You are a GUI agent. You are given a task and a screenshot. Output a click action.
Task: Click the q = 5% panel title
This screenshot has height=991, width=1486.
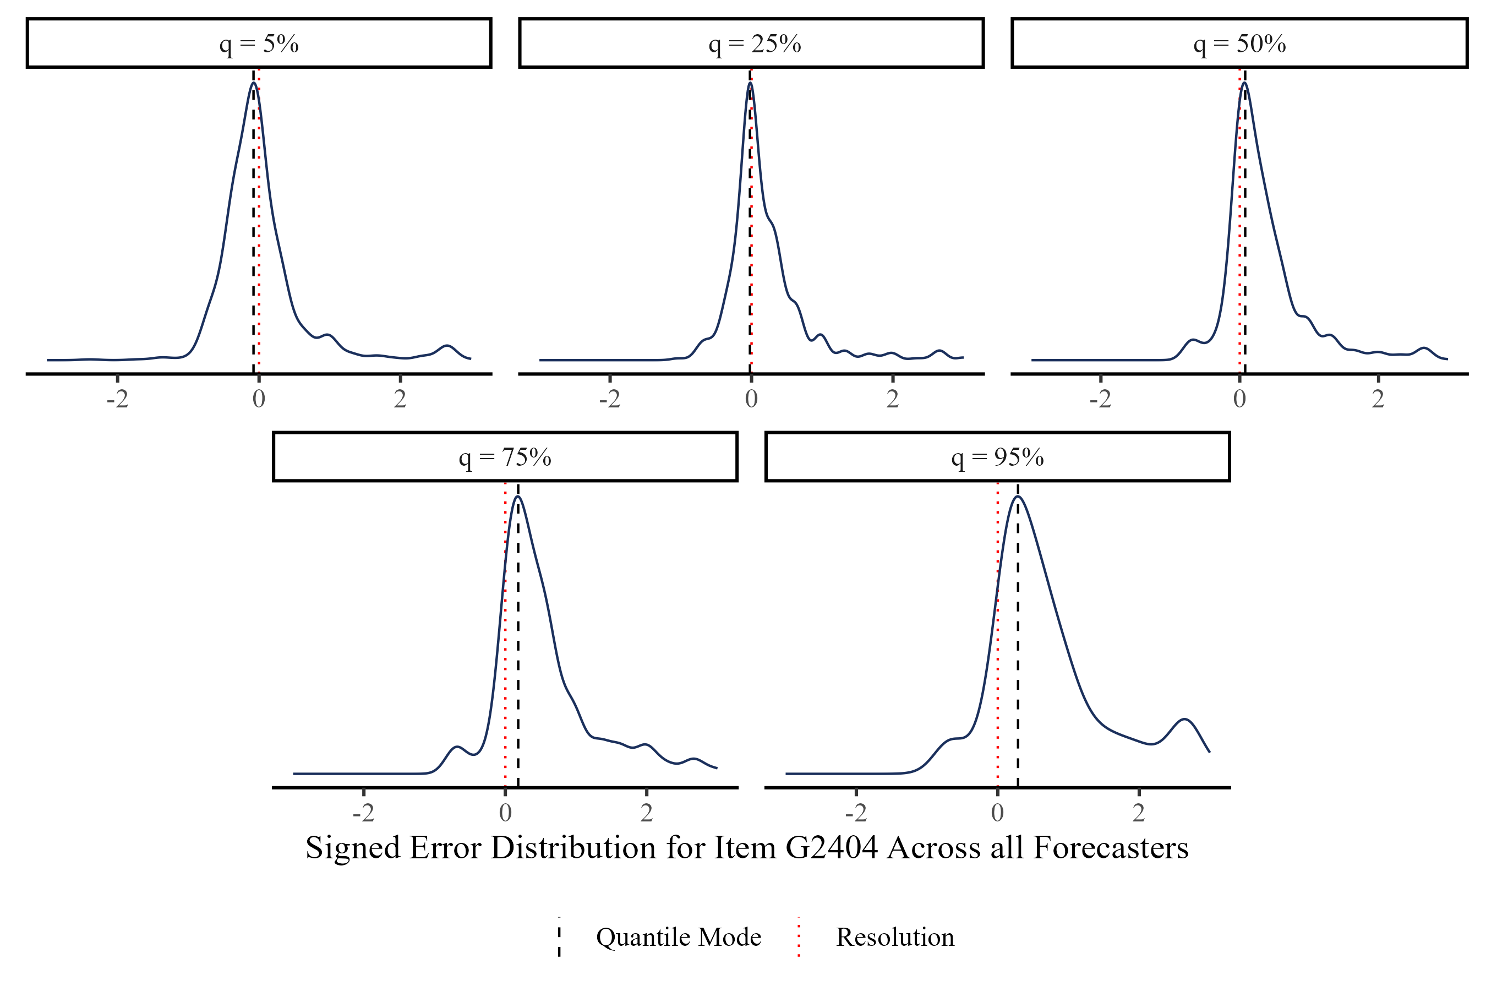(x=259, y=43)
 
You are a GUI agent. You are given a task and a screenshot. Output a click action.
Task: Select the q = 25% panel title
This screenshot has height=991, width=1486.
(x=755, y=43)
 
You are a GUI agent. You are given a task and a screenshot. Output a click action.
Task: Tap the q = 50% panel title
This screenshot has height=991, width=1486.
(x=1239, y=43)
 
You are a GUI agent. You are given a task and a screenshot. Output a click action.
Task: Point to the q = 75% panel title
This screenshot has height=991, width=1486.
(x=505, y=457)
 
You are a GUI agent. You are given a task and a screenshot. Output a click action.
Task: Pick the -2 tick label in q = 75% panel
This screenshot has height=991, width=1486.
(x=364, y=813)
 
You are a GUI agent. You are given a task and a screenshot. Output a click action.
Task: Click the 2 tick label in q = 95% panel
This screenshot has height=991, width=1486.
(x=1139, y=813)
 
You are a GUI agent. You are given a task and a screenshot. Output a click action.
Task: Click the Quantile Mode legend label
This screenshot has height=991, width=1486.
(x=679, y=936)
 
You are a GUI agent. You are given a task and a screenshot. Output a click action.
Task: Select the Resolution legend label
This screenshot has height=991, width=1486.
(x=895, y=936)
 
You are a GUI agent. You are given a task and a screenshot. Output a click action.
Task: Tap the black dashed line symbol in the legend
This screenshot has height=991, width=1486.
(x=559, y=936)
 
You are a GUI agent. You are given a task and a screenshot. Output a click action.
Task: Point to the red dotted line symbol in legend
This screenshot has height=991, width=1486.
(x=799, y=936)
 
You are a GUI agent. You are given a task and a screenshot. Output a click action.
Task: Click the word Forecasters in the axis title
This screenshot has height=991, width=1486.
(x=1111, y=847)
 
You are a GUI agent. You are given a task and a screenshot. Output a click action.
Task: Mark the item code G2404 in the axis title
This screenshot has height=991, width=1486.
(x=832, y=847)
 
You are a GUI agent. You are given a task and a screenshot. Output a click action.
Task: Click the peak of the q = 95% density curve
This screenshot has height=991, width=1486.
(x=1018, y=497)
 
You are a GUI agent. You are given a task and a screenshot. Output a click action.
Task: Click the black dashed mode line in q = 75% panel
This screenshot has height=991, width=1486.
(x=518, y=663)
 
